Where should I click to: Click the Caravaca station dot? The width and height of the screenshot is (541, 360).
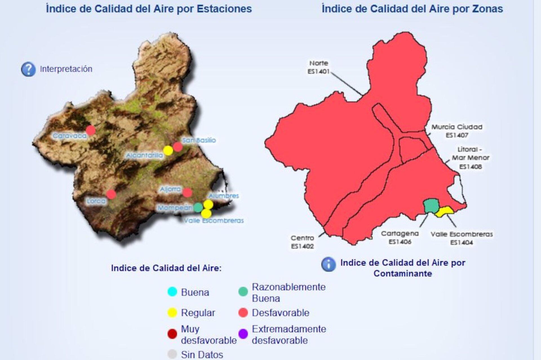[x=90, y=130]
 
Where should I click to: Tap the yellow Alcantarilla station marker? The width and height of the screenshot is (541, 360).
[x=168, y=150]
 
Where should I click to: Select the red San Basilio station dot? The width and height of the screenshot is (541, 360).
[x=178, y=147]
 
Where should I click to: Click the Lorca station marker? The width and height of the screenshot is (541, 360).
[x=111, y=194]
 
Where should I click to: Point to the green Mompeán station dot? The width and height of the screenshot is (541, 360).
[x=198, y=207]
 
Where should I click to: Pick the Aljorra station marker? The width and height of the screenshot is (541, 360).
[x=187, y=193]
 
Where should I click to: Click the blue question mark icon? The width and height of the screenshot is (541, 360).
[x=28, y=69]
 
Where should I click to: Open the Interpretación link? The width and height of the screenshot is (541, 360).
[x=66, y=69]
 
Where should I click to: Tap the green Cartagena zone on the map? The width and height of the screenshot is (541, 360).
[x=431, y=205]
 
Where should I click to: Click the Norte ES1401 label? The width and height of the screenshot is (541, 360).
[x=318, y=67]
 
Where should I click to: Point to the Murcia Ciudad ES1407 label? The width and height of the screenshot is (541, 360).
[x=457, y=131]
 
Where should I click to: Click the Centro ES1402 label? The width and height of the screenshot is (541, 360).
[x=302, y=242]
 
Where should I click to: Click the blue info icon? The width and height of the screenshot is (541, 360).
[x=329, y=265]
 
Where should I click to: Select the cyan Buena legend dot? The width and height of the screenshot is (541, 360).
[x=172, y=292]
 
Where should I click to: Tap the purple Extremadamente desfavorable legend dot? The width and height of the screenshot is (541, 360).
[x=243, y=334]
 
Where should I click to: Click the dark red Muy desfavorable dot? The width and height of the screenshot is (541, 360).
[x=172, y=334]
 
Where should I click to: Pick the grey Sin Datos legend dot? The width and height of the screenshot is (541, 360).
[x=172, y=354]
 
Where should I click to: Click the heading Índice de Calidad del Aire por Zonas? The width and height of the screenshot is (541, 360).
[x=412, y=9]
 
